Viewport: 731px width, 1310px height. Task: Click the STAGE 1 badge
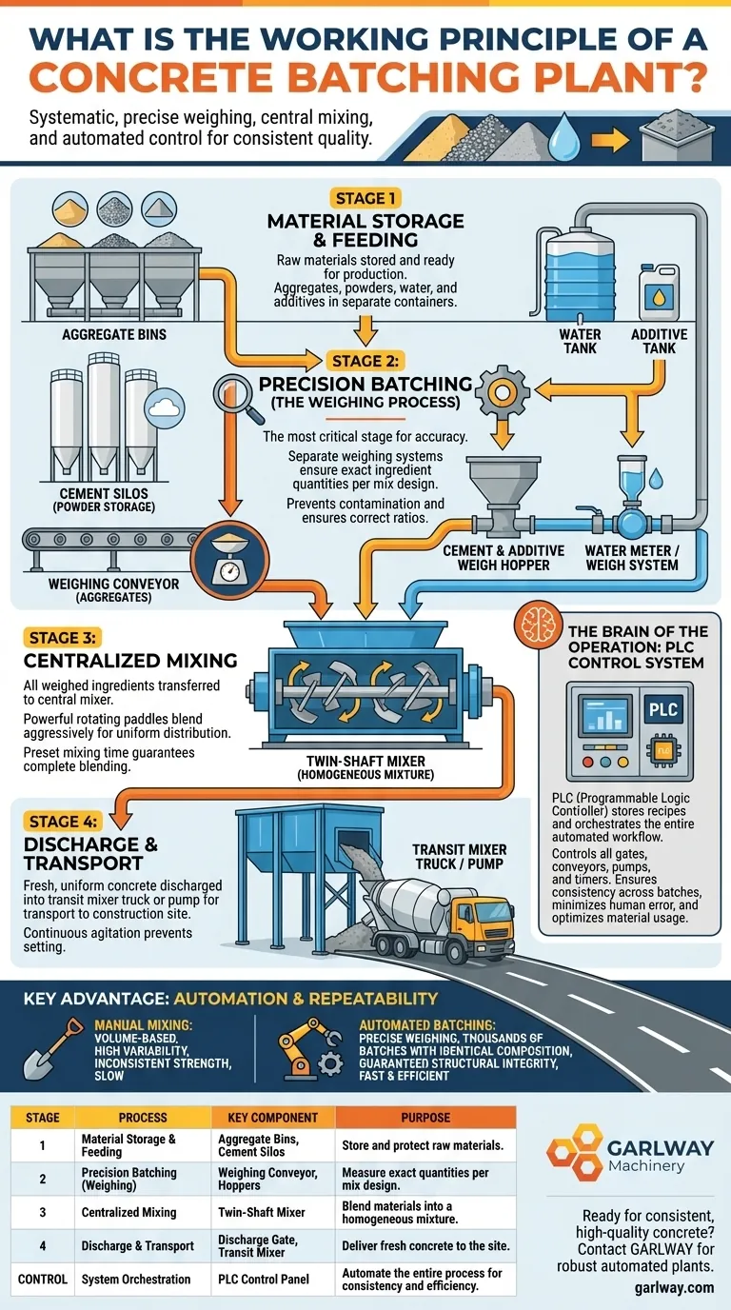pyautogui.click(x=365, y=199)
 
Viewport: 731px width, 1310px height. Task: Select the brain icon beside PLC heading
pyautogui.click(x=532, y=626)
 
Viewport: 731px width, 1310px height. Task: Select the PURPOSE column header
pyautogui.click(x=425, y=1117)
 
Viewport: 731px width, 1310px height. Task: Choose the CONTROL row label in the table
pyautogui.click(x=43, y=1279)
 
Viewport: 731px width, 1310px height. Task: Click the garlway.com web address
pyautogui.click(x=673, y=1286)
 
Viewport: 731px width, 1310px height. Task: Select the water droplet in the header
pyautogui.click(x=567, y=135)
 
